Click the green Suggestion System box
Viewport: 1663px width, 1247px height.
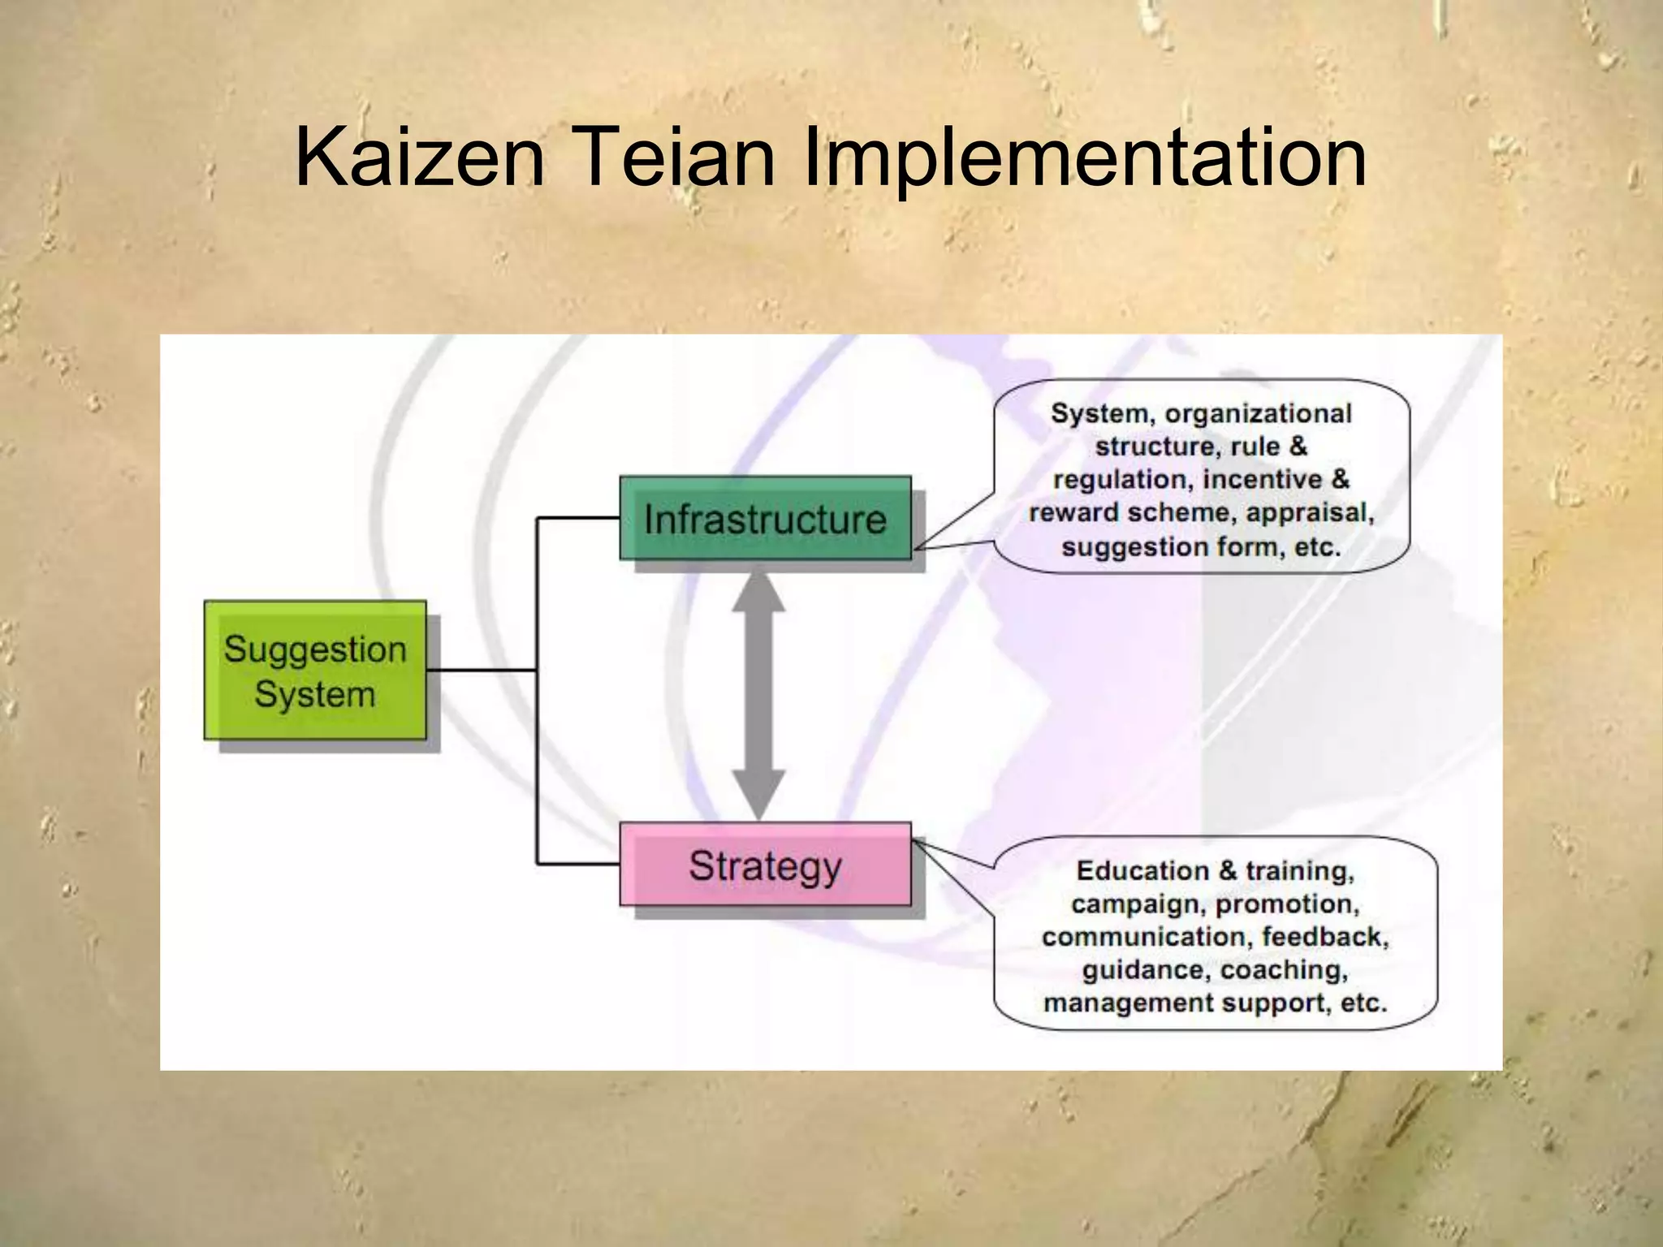point(315,671)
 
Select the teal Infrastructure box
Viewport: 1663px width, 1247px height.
point(765,518)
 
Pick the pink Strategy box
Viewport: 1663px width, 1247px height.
point(765,865)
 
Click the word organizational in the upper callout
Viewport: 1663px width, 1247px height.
point(1258,413)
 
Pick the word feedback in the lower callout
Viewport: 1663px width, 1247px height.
point(1324,937)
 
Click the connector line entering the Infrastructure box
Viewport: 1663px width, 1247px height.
point(578,517)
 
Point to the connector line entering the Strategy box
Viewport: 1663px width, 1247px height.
point(578,865)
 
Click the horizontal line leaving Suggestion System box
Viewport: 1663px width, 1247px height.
point(481,670)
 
